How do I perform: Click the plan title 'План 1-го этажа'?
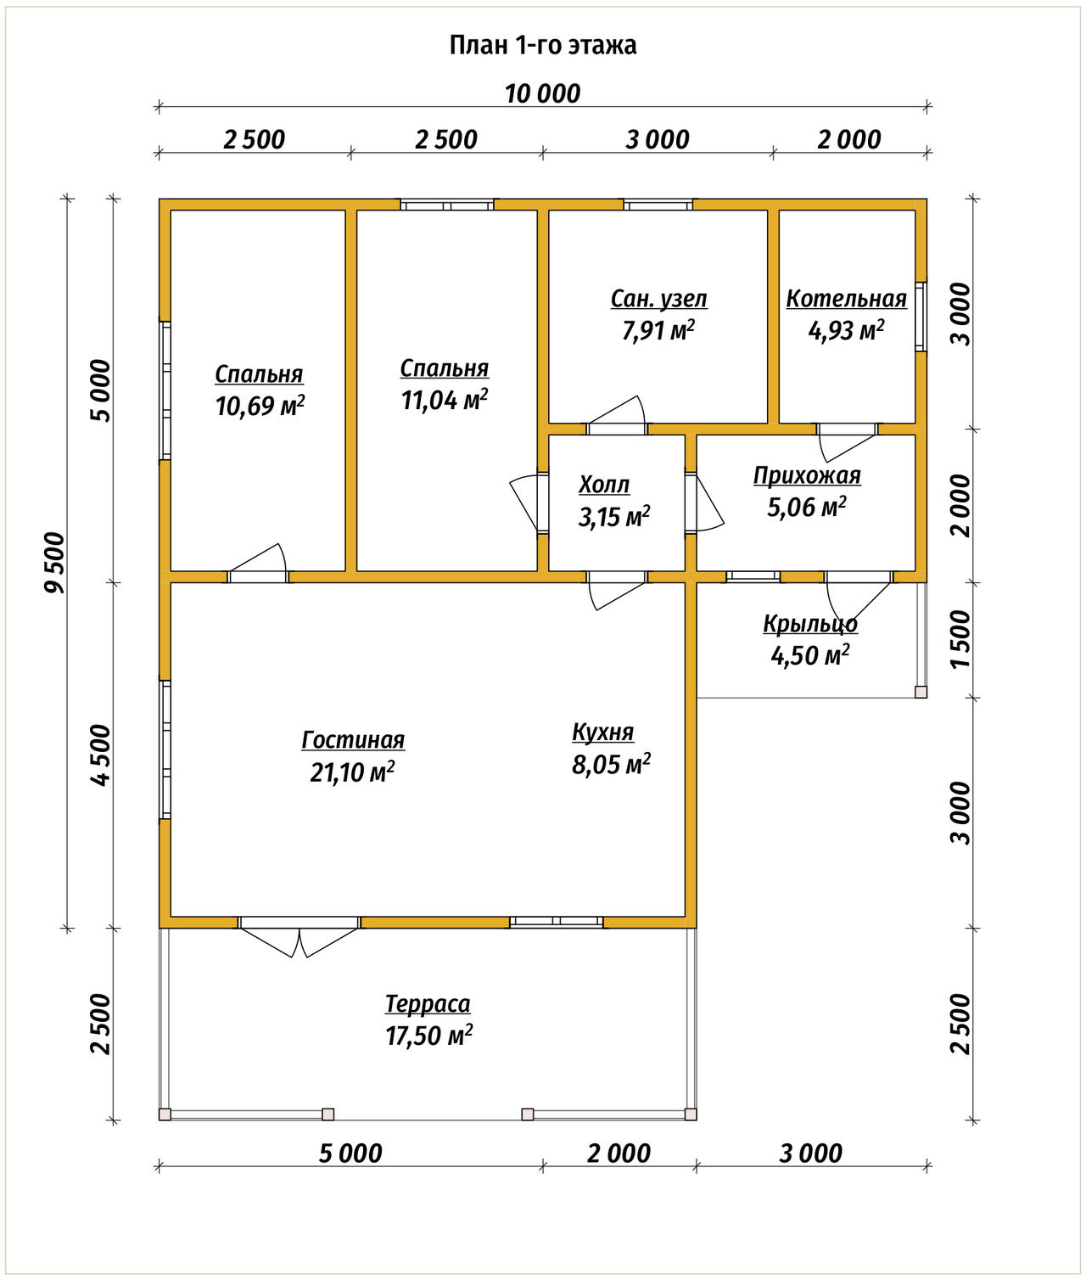(x=542, y=46)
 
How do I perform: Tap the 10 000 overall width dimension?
(x=542, y=94)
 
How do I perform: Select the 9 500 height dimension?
(x=54, y=563)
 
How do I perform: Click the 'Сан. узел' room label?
(x=658, y=299)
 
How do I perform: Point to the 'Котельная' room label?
(x=847, y=299)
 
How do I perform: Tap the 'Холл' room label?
(x=604, y=485)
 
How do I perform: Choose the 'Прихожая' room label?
(x=807, y=475)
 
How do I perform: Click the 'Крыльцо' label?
(x=810, y=624)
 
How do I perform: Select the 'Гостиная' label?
(x=353, y=740)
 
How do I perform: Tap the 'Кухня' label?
(x=603, y=733)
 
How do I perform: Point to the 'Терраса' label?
(x=428, y=1004)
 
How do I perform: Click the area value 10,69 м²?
(x=260, y=407)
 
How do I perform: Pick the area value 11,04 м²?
(x=445, y=400)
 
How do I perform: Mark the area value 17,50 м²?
(x=429, y=1036)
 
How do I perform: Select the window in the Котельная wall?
(x=921, y=317)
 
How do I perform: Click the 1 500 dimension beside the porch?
(x=960, y=640)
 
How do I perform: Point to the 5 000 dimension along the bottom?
(x=350, y=1154)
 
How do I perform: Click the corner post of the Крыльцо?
(x=921, y=692)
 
